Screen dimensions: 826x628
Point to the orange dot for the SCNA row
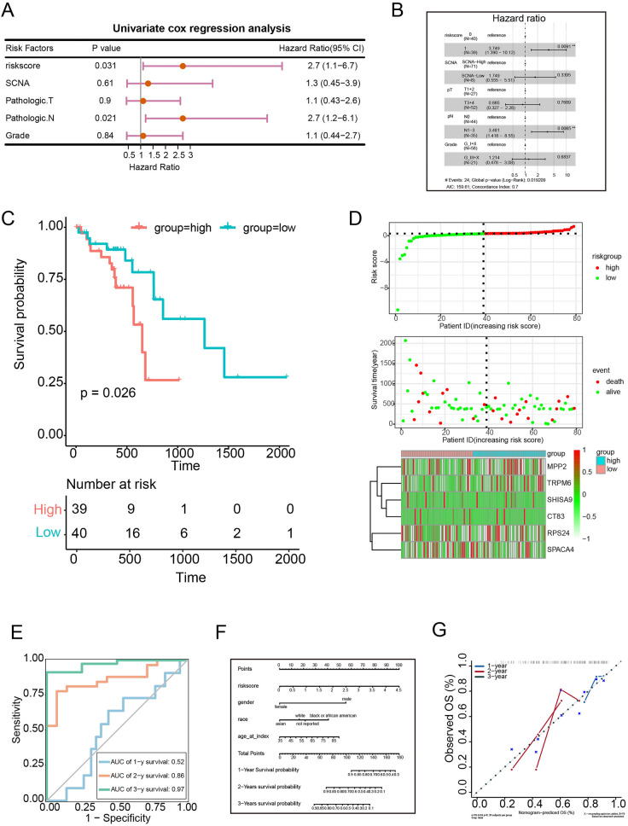(x=148, y=84)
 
